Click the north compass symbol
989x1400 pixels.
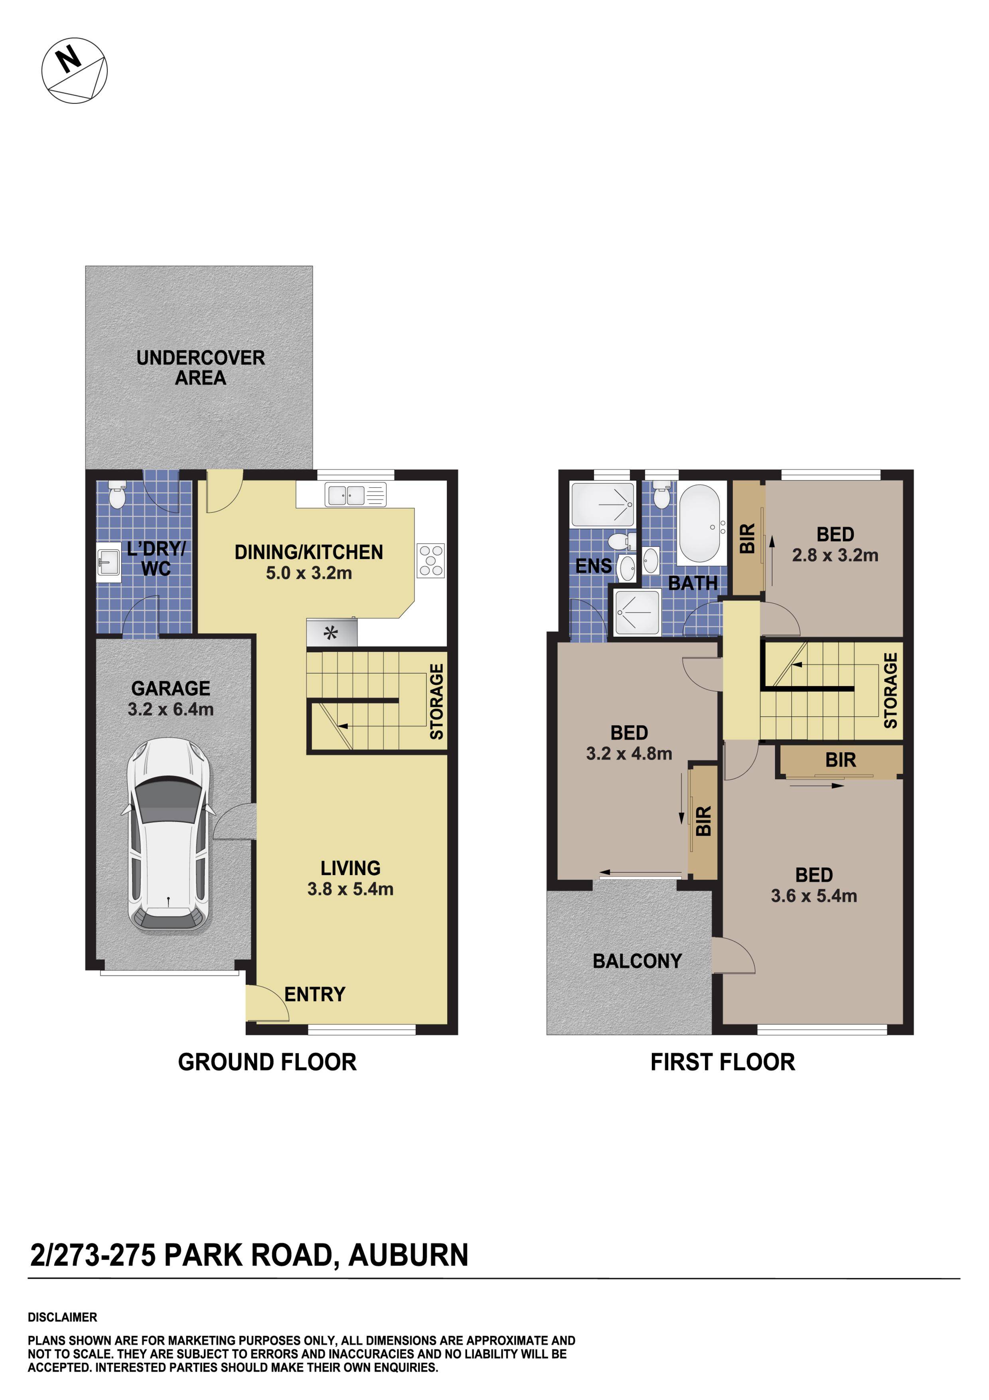(74, 70)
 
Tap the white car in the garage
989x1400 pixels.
(168, 835)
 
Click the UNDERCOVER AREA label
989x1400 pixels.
(201, 368)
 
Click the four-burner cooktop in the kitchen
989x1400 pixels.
(431, 560)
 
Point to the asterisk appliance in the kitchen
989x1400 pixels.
(331, 633)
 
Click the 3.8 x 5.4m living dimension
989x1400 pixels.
(350, 889)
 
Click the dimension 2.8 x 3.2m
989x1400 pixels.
(835, 556)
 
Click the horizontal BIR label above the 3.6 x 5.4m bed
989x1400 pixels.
(840, 760)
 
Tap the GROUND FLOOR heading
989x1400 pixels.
(267, 1062)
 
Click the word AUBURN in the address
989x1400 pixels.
(408, 1256)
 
